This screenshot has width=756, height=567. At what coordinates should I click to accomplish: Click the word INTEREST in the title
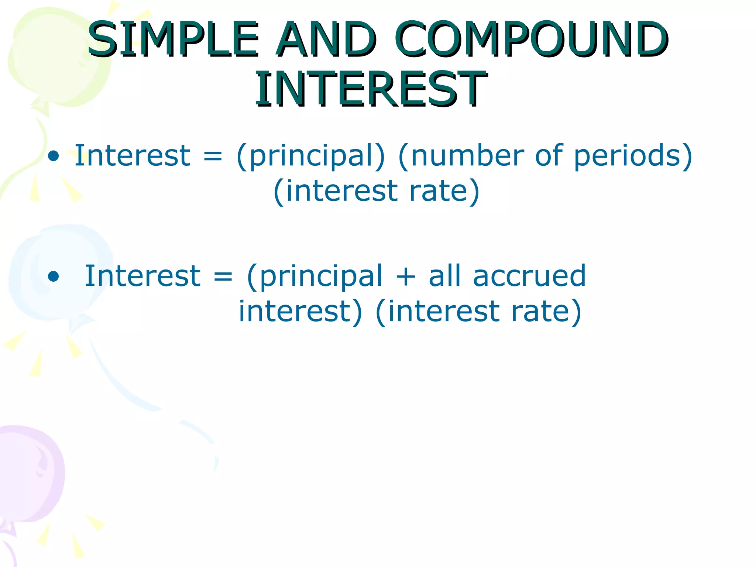coord(371,89)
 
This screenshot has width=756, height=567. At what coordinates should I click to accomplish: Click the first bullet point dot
coord(54,156)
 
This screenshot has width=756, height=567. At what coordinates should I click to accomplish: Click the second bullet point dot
coord(54,276)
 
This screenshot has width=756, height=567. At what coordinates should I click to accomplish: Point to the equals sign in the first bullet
coord(213,156)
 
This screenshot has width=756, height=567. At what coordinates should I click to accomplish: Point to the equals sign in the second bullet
coord(223,276)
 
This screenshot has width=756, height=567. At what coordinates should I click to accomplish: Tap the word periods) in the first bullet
coord(633,156)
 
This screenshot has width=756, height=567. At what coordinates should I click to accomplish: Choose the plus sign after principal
coord(405,276)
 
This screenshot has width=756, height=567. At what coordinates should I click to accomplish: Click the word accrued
coord(529,276)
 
